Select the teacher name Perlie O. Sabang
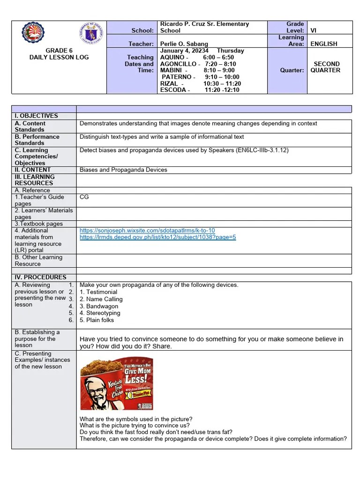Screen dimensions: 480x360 tap(184, 44)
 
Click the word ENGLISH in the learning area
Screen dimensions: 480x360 tap(323, 44)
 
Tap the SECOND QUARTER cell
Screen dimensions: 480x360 tap(326, 67)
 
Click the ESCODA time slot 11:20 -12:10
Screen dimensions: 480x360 tap(222, 90)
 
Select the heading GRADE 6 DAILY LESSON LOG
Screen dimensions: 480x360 tap(59, 54)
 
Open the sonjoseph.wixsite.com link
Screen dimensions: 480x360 tap(147, 231)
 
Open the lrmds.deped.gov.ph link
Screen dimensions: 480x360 tap(157, 237)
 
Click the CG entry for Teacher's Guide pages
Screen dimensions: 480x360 tap(84, 197)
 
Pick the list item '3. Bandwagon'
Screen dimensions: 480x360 tap(99, 306)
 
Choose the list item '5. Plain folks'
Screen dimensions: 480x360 tap(97, 320)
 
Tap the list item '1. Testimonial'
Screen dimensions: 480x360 tap(98, 292)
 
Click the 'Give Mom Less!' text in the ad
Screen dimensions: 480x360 tap(137, 373)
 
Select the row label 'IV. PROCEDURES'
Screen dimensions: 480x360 tap(40, 277)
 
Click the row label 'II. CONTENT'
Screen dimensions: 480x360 tap(33, 170)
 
